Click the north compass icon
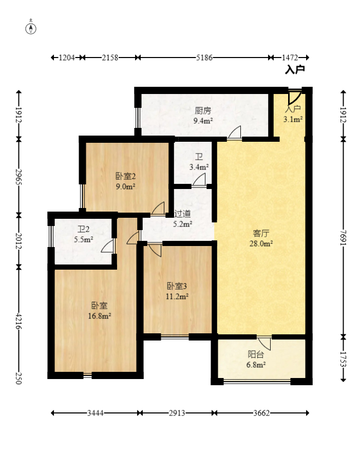tap(31, 27)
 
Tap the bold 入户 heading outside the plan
tap(295, 70)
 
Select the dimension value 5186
tap(204, 58)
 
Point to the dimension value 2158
tap(110, 58)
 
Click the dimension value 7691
tap(343, 238)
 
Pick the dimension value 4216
tap(18, 321)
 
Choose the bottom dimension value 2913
tap(177, 413)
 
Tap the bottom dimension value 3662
tap(261, 413)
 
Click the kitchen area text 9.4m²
tap(203, 121)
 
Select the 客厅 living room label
tap(261, 233)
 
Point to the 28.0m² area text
tap(261, 243)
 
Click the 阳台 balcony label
tap(256, 354)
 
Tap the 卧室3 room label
tap(177, 286)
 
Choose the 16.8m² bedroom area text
tap(99, 316)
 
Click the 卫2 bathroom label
tap(83, 230)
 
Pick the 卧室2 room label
tap(126, 176)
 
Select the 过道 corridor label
tap(182, 214)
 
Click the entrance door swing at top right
tap(294, 97)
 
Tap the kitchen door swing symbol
tap(235, 133)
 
